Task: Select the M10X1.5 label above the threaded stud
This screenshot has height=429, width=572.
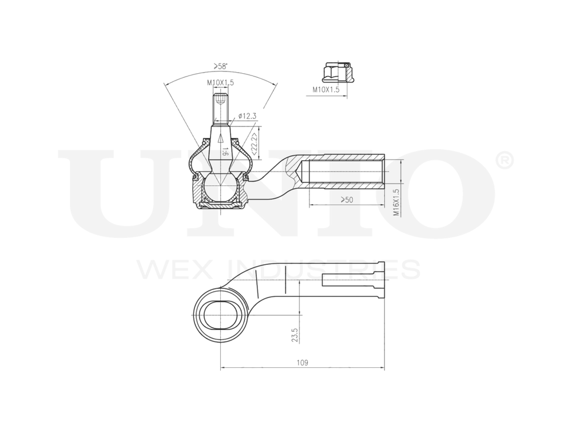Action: point(220,84)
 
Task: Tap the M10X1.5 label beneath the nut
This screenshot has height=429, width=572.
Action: point(325,90)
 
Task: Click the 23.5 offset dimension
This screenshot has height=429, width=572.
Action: point(295,335)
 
